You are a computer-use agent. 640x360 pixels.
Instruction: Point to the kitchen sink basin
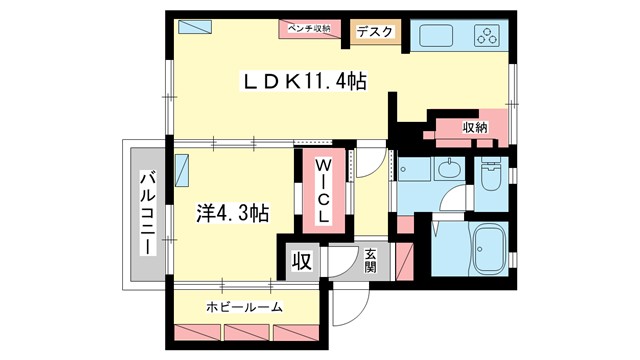436,37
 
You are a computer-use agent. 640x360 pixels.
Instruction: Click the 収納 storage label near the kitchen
475,127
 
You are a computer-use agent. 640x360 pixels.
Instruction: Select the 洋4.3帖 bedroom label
231,212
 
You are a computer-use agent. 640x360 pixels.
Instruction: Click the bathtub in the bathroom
490,249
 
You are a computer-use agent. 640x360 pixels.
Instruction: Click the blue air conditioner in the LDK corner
191,27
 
